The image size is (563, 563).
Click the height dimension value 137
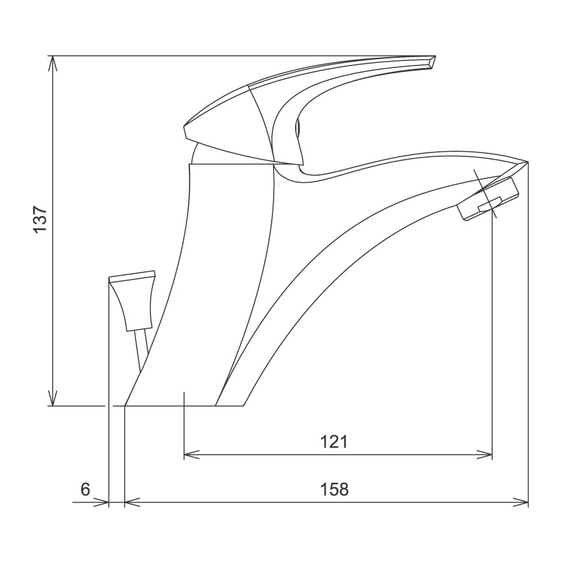point(40,220)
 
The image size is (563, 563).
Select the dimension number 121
point(335,442)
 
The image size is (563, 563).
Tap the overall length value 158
point(335,488)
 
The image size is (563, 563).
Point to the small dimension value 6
point(85,488)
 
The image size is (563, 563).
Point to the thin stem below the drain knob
point(141,350)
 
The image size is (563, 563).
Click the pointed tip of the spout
point(527,162)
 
